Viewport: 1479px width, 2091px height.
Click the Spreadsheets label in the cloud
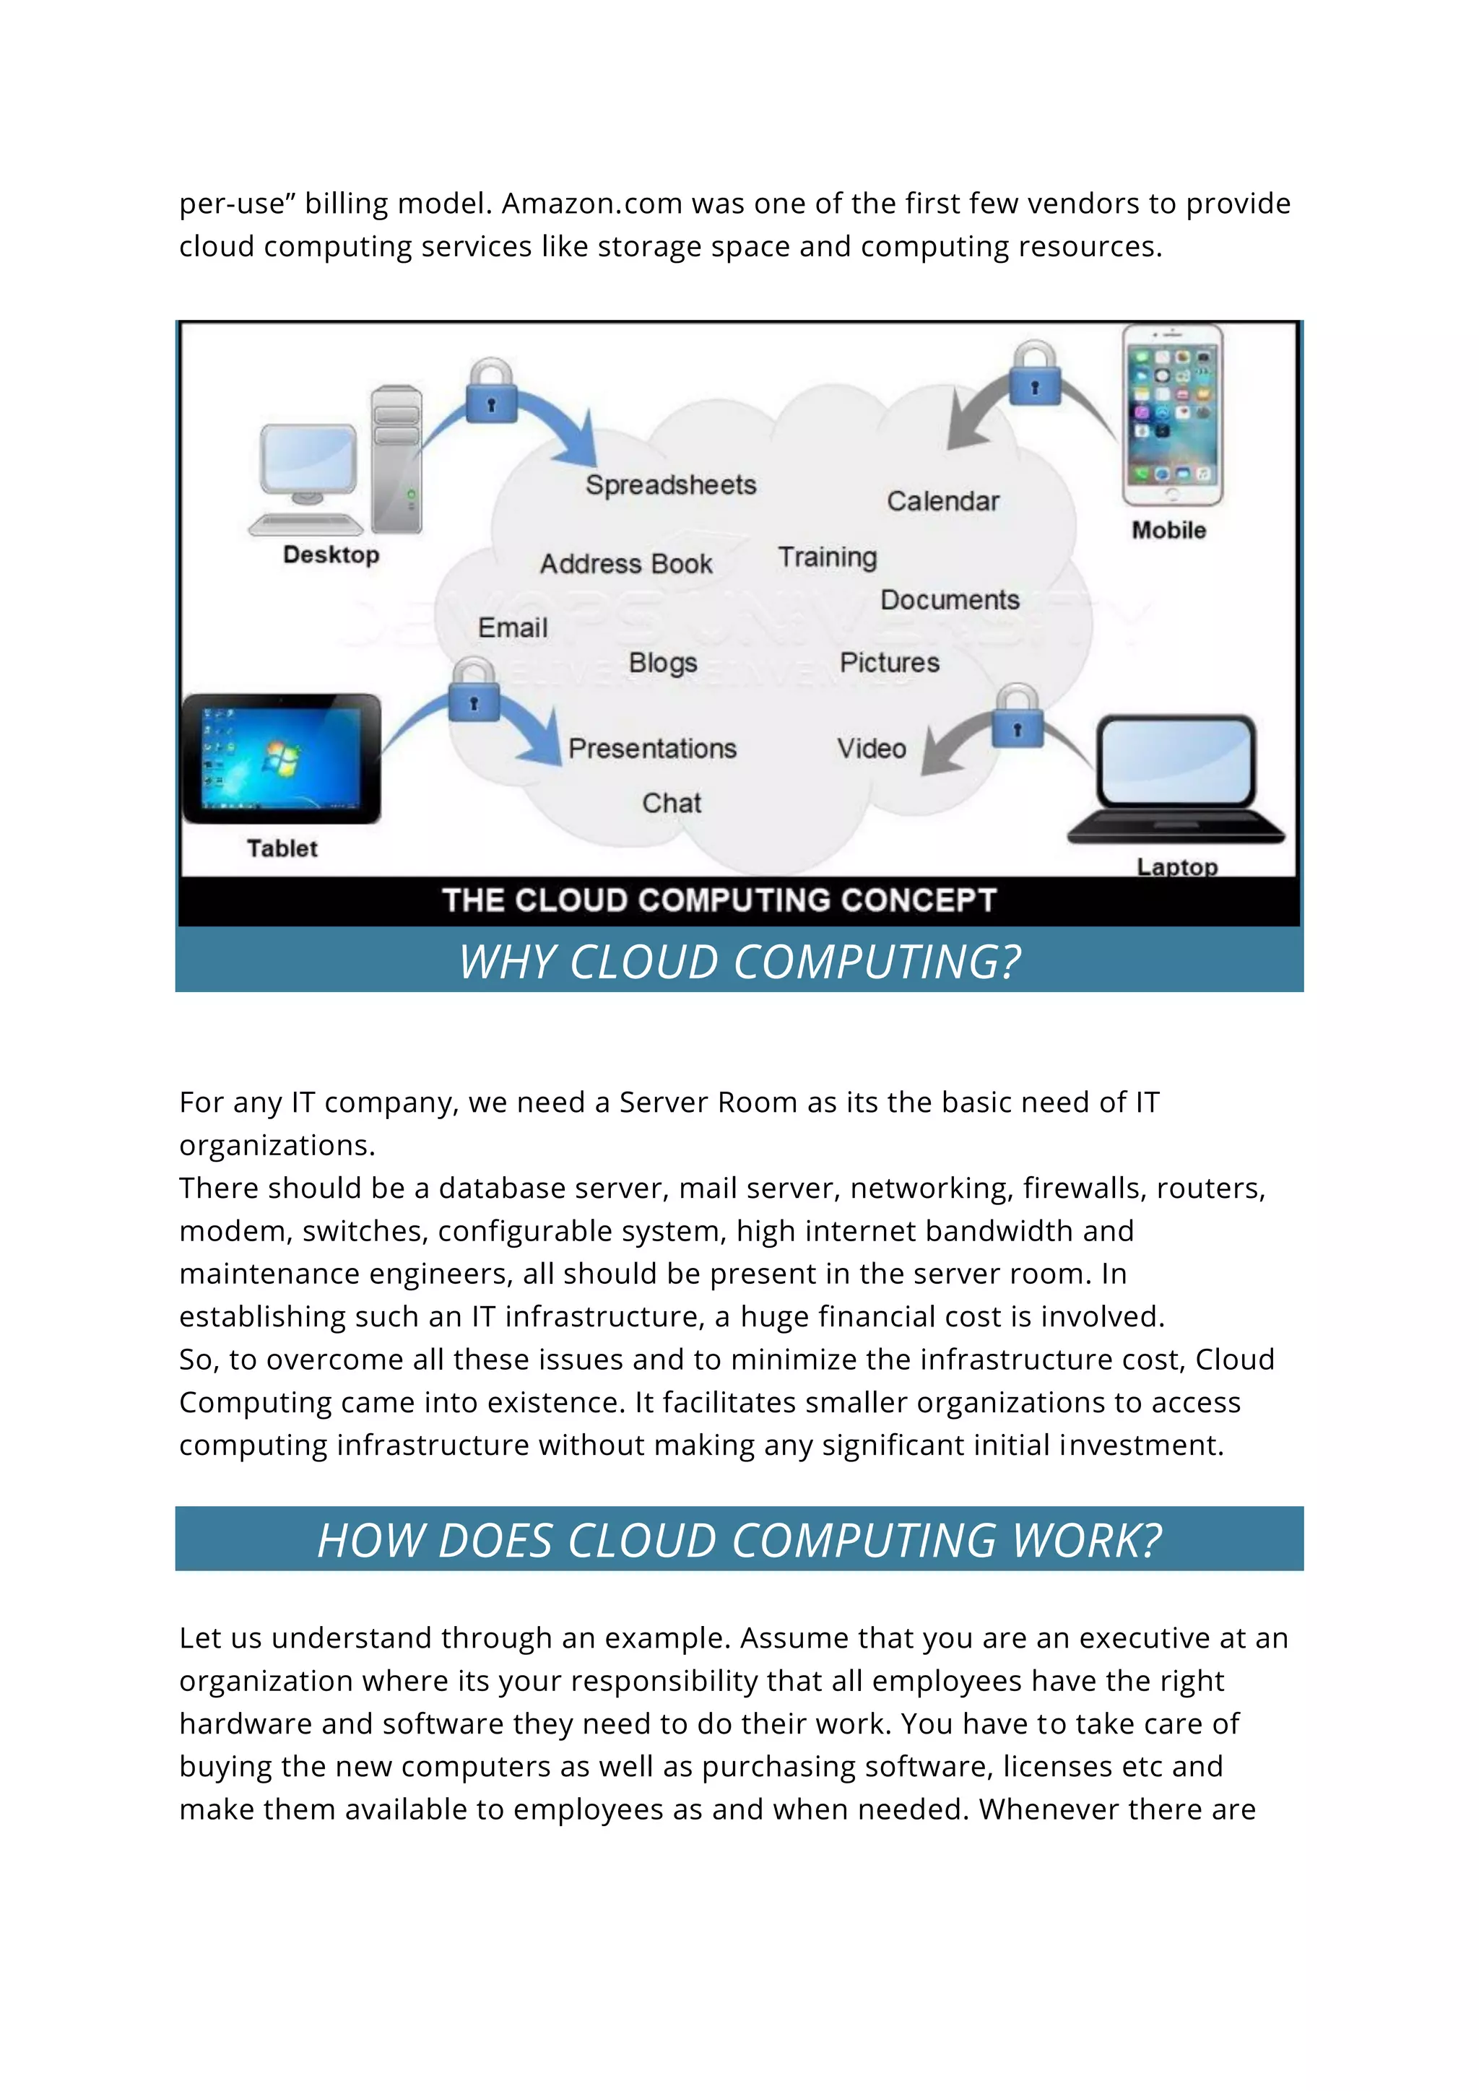(670, 484)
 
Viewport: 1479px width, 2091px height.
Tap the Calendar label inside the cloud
(942, 501)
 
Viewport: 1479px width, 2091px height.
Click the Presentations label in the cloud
(652, 749)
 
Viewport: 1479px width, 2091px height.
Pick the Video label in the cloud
(872, 749)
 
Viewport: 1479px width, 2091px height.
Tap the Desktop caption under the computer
(331, 555)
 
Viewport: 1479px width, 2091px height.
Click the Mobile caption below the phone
(1168, 530)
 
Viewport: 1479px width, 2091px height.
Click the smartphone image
(1172, 415)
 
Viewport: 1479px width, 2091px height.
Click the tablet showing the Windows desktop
(282, 757)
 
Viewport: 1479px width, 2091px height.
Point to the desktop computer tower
(396, 458)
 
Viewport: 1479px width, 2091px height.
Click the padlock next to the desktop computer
(491, 391)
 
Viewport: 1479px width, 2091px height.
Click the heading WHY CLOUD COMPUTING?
(739, 962)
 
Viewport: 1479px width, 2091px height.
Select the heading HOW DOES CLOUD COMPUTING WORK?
(739, 1540)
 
